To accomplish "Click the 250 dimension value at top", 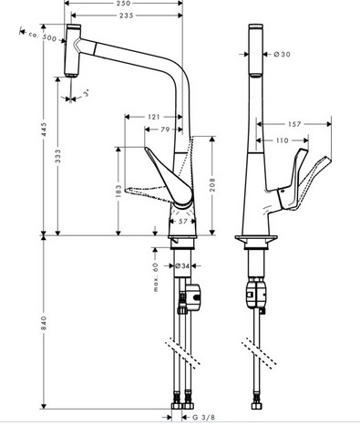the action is (x=123, y=4).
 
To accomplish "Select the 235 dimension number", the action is (x=127, y=16).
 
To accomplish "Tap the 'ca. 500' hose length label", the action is (x=43, y=36).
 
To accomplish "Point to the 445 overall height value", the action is (x=45, y=129).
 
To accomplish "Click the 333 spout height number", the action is (x=57, y=156).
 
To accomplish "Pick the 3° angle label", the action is (x=87, y=93).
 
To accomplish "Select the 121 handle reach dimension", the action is (x=154, y=117).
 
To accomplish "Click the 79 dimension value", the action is (x=165, y=130).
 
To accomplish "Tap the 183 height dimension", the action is (x=118, y=191).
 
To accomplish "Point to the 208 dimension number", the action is (x=212, y=184).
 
